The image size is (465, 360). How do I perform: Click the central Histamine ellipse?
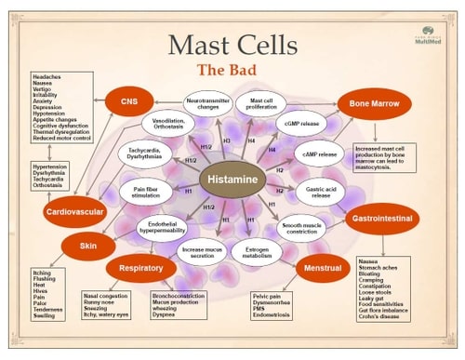pyautogui.click(x=232, y=177)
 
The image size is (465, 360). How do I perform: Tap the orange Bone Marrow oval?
pyautogui.click(x=370, y=103)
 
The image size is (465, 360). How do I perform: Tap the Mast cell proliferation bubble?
pyautogui.click(x=260, y=105)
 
